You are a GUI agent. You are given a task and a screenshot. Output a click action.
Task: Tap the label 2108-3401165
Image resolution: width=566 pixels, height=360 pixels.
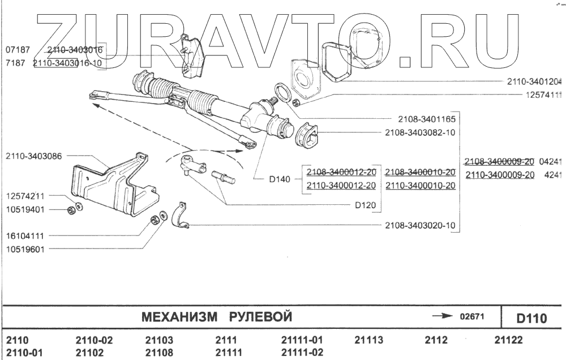coord(425,119)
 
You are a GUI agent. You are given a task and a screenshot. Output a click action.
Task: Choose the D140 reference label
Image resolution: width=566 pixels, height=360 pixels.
coord(279,180)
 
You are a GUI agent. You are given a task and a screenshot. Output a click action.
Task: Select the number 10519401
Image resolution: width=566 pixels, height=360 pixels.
coord(26,209)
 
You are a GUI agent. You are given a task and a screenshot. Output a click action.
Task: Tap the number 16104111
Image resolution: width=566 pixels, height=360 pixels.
coord(26,235)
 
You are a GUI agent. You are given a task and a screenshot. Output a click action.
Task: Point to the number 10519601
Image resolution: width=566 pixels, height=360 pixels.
coord(26,249)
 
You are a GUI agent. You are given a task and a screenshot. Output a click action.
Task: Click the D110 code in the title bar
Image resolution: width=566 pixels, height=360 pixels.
coord(531,319)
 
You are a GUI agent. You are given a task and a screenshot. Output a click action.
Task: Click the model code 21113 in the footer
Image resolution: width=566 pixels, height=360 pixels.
coord(368,341)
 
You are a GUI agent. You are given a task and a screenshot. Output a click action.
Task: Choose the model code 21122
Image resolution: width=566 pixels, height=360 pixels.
coord(508,341)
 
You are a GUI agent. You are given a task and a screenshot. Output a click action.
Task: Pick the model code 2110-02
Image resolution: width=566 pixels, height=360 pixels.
coord(94,341)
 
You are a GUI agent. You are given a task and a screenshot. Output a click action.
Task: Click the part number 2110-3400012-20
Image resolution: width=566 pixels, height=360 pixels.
coord(341,186)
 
